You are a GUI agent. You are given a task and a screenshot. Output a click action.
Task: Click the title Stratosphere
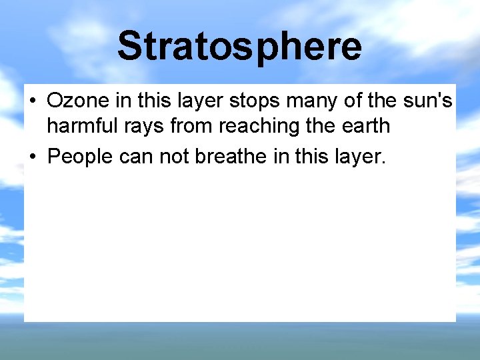[x=239, y=46]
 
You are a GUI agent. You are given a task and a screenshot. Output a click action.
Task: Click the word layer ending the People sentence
[x=359, y=157]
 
